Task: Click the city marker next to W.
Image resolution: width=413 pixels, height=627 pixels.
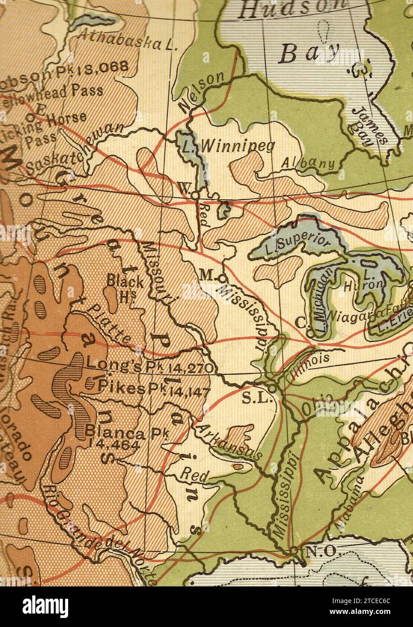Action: click(194, 195)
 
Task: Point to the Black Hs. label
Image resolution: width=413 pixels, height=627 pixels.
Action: click(125, 286)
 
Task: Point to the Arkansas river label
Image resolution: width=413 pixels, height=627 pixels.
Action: click(228, 442)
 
